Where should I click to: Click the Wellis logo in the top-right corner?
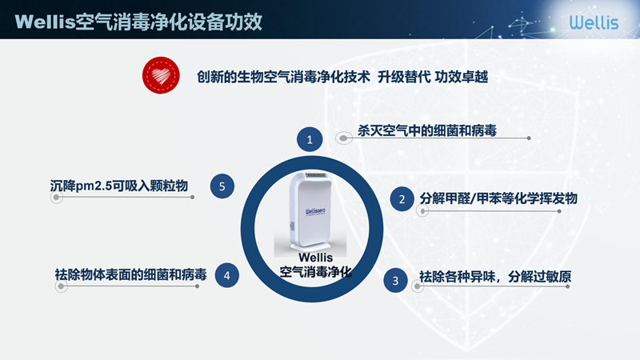[x=594, y=22]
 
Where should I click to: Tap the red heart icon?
[x=161, y=75]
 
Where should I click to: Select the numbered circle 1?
[x=310, y=139]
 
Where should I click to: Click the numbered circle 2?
[x=402, y=198]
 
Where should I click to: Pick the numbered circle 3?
[x=395, y=281]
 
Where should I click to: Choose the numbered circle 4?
[x=227, y=275]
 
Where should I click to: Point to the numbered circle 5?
[x=222, y=186]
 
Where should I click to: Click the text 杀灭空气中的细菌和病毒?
[x=427, y=130]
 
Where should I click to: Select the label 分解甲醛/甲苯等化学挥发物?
[x=498, y=198]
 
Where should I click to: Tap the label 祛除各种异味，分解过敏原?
[x=495, y=277]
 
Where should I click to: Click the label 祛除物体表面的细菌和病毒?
[x=130, y=274]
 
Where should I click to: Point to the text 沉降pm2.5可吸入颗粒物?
[x=118, y=186]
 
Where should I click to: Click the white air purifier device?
[x=311, y=211]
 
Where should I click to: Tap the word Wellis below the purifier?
[x=315, y=258]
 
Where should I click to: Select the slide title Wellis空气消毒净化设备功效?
[x=138, y=22]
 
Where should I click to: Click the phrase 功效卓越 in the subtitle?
[x=462, y=76]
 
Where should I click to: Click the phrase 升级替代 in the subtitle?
[x=404, y=76]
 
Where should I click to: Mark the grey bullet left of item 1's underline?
[x=344, y=138]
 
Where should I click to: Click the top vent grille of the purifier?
[x=315, y=175]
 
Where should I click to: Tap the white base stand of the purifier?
[x=310, y=246]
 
